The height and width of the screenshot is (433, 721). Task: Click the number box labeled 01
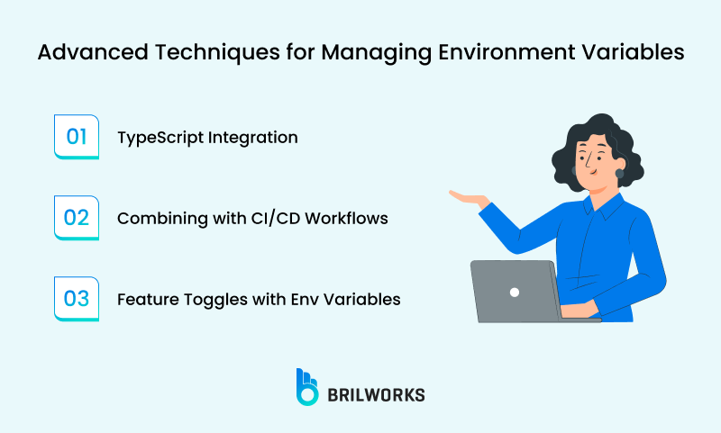point(77,137)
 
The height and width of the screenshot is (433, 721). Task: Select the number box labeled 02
point(77,217)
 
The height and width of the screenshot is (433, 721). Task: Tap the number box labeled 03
point(77,298)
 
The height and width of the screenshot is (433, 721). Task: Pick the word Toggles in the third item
point(209,299)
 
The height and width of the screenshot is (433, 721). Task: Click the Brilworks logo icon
point(307,385)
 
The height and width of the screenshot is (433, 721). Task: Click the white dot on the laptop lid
point(514,292)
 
